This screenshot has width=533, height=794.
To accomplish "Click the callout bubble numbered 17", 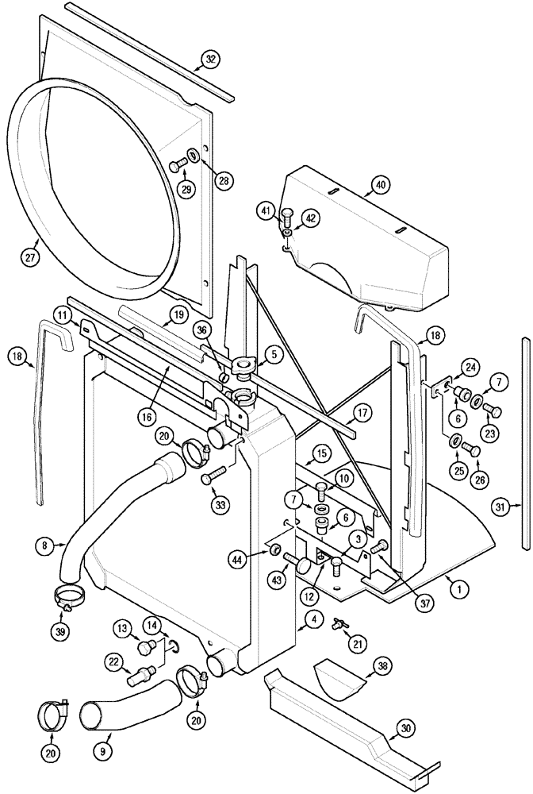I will (x=361, y=413).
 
